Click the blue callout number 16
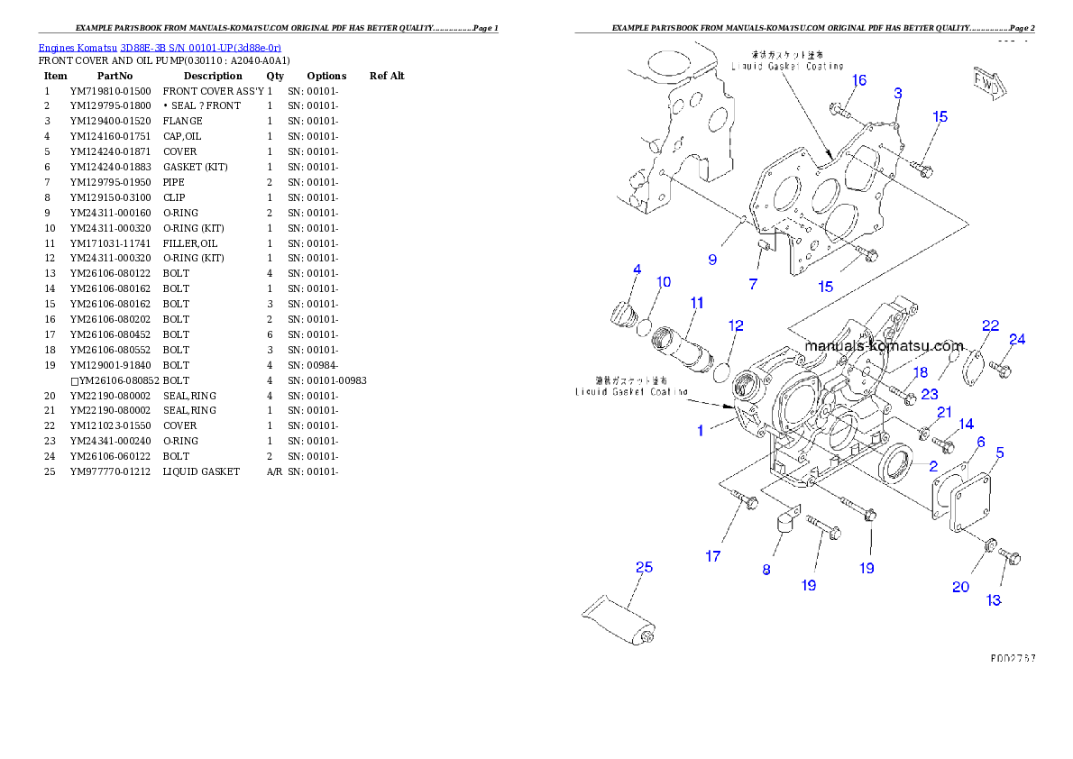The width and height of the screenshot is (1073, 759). click(x=859, y=80)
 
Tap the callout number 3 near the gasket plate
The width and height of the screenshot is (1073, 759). click(x=898, y=93)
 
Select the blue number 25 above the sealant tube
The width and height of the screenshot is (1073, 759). click(x=644, y=567)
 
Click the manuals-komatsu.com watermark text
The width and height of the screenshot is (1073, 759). click(x=884, y=346)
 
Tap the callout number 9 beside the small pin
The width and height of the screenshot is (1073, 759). click(x=712, y=260)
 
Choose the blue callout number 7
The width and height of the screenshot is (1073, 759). click(x=753, y=284)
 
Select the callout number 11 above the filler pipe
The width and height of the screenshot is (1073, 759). click(x=697, y=303)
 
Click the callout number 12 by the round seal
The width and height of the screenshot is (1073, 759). click(x=737, y=325)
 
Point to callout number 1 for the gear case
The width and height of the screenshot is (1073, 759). click(x=700, y=431)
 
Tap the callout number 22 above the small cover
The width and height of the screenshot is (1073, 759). click(x=991, y=325)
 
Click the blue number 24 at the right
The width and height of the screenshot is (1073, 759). click(x=1017, y=340)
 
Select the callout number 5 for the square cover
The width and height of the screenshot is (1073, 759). click(x=1000, y=453)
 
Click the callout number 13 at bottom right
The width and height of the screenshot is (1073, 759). click(x=994, y=599)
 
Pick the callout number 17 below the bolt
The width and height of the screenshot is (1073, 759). click(x=713, y=556)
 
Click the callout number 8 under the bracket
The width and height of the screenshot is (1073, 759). click(x=766, y=569)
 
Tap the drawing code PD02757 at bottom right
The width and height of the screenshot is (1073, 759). click(x=1012, y=659)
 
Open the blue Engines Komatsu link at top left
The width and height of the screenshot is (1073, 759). click(x=160, y=47)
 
